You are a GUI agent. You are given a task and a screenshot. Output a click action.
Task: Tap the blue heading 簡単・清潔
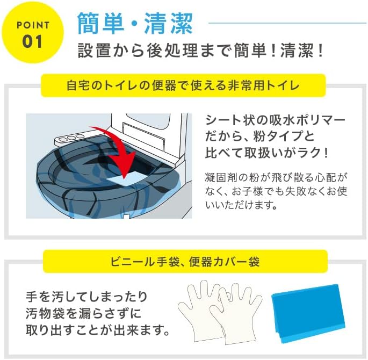(x=135, y=23)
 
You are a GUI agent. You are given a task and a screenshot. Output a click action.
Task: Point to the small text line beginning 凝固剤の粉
(x=277, y=177)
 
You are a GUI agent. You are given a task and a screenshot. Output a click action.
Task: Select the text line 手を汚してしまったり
(x=86, y=296)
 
